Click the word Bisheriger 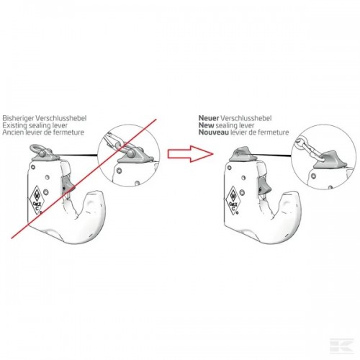click(x=18, y=118)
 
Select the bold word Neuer click(x=209, y=118)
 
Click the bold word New click(x=206, y=125)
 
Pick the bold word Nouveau click(x=214, y=132)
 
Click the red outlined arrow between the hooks click(x=190, y=153)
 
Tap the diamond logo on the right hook click(x=233, y=200)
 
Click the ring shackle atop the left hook click(x=36, y=150)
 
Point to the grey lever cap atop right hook click(x=243, y=154)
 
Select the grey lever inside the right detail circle click(x=330, y=160)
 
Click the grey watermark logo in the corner click(x=342, y=346)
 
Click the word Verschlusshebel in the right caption click(x=246, y=118)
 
